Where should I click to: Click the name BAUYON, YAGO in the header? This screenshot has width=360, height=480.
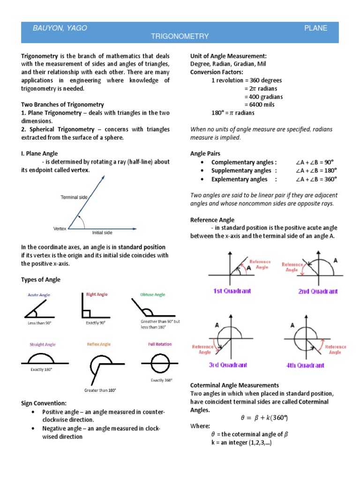pyautogui.click(x=60, y=28)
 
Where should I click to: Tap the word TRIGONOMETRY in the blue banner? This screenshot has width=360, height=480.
pyautogui.click(x=180, y=36)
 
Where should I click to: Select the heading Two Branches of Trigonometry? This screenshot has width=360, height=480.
pyautogui.click(x=62, y=105)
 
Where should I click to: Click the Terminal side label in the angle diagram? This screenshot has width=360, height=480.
pyautogui.click(x=74, y=197)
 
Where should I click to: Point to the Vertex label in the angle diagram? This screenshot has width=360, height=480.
pyautogui.click(x=60, y=229)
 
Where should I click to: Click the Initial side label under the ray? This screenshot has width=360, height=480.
pyautogui.click(x=102, y=232)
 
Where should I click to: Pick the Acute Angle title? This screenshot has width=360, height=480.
pyautogui.click(x=39, y=295)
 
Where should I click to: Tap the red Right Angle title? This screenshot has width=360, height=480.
pyautogui.click(x=97, y=294)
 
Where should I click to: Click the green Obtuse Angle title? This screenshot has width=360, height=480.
pyautogui.click(x=153, y=295)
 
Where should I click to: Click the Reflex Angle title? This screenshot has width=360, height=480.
pyautogui.click(x=98, y=345)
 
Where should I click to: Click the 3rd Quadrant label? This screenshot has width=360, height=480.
pyautogui.click(x=228, y=365)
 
